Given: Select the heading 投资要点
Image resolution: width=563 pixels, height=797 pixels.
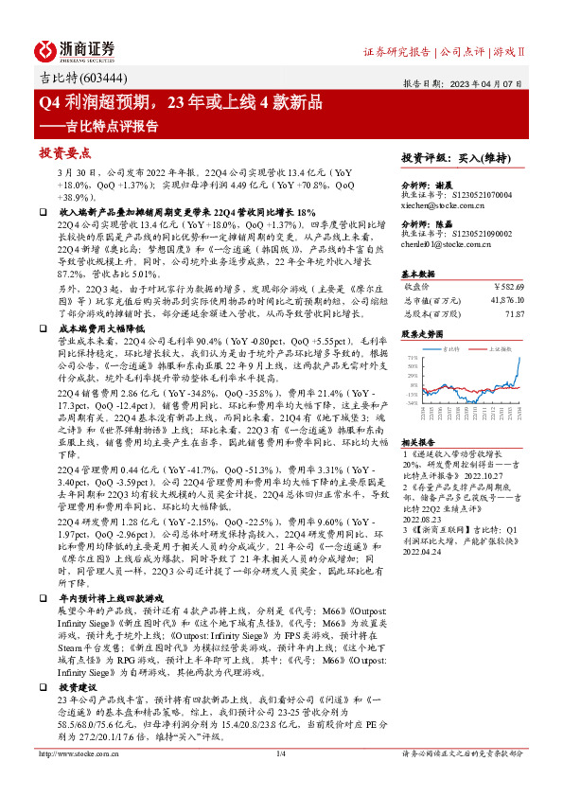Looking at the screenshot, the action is [63, 151].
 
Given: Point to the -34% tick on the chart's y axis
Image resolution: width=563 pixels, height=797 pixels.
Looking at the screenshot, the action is [412, 401].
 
